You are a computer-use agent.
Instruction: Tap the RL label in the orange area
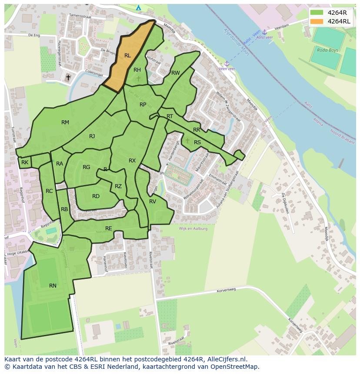pyautogui.click(x=127, y=56)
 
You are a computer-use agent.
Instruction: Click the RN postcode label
pyautogui.click(x=53, y=286)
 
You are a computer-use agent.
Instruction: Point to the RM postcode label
pyautogui.click(x=65, y=122)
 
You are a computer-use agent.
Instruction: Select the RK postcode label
pyautogui.click(x=25, y=162)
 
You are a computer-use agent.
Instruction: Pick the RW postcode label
pyautogui.click(x=175, y=73)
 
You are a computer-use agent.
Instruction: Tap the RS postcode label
pyautogui.click(x=197, y=142)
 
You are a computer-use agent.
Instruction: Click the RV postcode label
pyautogui.click(x=153, y=202)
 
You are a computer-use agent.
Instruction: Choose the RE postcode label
pyautogui.click(x=109, y=228)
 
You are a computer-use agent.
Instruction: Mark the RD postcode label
pyautogui.click(x=96, y=196)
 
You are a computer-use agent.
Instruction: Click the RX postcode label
pyautogui.click(x=132, y=161)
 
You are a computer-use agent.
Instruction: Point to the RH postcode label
pyautogui.click(x=137, y=70)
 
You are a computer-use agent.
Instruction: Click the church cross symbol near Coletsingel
pyautogui.click(x=68, y=78)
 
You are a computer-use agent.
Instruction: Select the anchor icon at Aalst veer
pyautogui.click(x=264, y=32)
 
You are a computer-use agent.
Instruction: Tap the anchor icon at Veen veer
pyautogui.click(x=227, y=63)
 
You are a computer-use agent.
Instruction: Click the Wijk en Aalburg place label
pyautogui.click(x=193, y=228)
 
